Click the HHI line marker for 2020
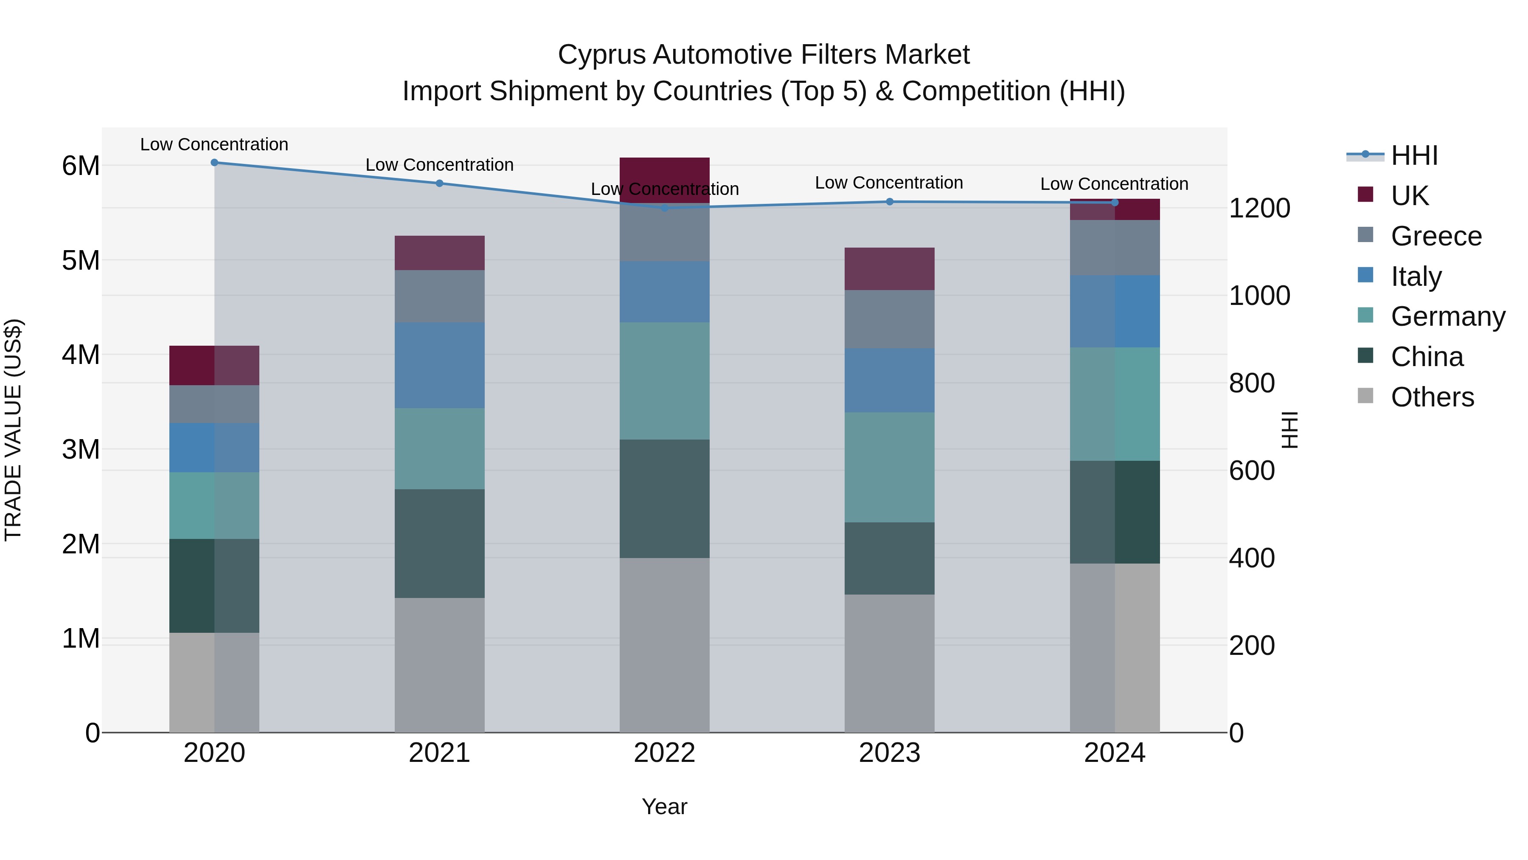[x=214, y=163]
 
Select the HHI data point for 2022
[x=664, y=208]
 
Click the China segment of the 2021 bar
[x=440, y=543]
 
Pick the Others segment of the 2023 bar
[x=889, y=663]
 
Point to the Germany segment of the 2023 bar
[x=889, y=467]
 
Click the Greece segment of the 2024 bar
[x=1115, y=248]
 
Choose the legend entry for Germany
[x=1447, y=316]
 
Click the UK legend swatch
[x=1365, y=195]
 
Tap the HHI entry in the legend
[x=1413, y=155]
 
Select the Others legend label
[x=1432, y=397]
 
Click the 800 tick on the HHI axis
[x=1252, y=383]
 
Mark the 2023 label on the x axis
[x=889, y=753]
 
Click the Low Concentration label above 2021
[x=440, y=165]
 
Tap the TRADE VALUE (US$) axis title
[x=13, y=430]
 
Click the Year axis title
[x=664, y=806]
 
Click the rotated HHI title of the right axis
[x=1289, y=430]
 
